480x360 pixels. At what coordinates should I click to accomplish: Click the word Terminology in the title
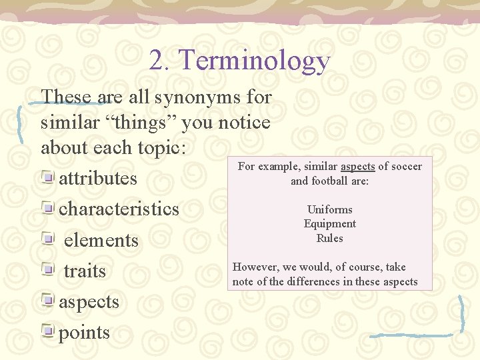(255, 61)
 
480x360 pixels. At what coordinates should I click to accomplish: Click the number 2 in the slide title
(158, 61)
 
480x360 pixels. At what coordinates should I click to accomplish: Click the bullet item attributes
(98, 179)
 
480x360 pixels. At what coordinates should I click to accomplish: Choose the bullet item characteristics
(119, 209)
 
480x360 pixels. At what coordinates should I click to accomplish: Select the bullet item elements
(101, 240)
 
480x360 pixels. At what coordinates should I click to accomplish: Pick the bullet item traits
(85, 271)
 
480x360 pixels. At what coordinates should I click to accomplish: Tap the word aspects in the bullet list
(89, 302)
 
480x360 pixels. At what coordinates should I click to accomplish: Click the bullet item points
(84, 333)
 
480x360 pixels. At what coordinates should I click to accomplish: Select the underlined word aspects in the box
(358, 167)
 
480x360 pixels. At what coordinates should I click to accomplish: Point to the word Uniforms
(329, 209)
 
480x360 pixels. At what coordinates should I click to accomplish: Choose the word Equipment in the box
(329, 224)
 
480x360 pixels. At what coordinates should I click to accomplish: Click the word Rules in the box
(329, 238)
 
